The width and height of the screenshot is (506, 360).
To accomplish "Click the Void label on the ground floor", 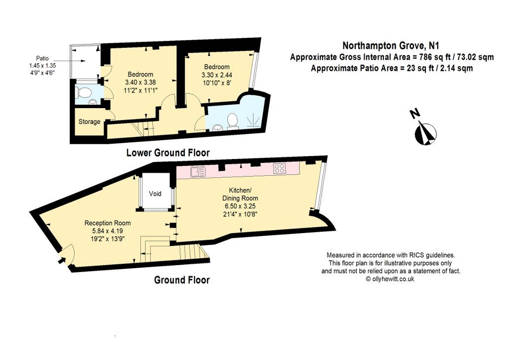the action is coord(155,194).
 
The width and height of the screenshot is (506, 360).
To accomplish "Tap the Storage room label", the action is coord(89,121).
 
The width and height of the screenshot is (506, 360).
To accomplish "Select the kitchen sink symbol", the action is coord(198,171).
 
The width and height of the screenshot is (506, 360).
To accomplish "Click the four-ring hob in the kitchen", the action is coord(280,168).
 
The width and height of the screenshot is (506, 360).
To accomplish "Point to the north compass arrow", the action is coord(426,132).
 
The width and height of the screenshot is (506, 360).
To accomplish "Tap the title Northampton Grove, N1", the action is coord(391,45).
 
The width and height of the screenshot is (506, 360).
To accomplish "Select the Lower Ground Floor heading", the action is coord(168,152).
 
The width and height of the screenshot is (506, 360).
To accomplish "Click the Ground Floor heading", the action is coord(182,280).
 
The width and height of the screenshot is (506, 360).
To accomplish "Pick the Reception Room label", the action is coord(107,223).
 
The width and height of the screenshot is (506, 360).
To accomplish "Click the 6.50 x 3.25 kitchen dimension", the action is coord(240,206).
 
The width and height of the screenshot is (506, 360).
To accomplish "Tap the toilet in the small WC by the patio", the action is coord(83,93).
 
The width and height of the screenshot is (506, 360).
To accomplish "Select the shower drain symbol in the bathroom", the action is coord(253,120).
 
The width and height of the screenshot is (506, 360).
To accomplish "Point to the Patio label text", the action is coord(42,58).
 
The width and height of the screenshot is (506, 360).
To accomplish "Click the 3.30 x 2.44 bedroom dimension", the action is coord(217,75).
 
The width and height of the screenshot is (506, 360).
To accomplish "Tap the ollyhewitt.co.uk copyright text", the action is coord(390,279).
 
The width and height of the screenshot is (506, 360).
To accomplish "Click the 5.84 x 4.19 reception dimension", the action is coord(107,231).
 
